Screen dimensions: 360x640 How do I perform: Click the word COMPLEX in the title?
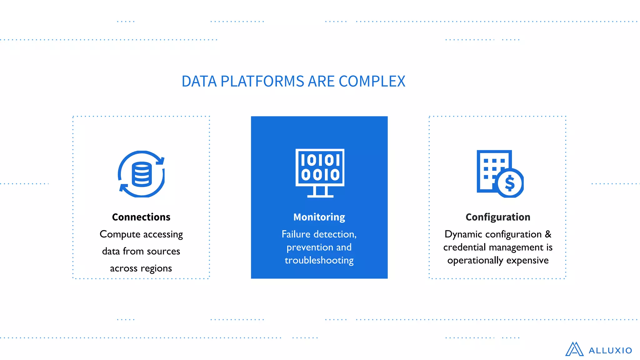[x=372, y=82]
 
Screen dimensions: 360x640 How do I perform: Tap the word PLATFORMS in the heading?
[x=262, y=82]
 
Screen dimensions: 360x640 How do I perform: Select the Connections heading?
[x=141, y=217]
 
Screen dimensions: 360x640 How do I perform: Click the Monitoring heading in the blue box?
[x=319, y=217]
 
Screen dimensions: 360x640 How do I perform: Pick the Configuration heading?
[x=498, y=217]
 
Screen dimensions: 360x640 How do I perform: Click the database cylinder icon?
[x=142, y=174]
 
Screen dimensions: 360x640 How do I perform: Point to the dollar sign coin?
[x=510, y=183]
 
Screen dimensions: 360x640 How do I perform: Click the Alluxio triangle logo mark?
[x=574, y=349]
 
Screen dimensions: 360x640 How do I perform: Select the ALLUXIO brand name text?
[x=610, y=351]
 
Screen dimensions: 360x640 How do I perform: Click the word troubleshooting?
[x=319, y=260]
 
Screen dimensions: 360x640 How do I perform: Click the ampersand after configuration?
[x=548, y=234]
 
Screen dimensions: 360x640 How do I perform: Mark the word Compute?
[x=120, y=234]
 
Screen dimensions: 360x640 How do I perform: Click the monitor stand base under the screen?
[x=320, y=196]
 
